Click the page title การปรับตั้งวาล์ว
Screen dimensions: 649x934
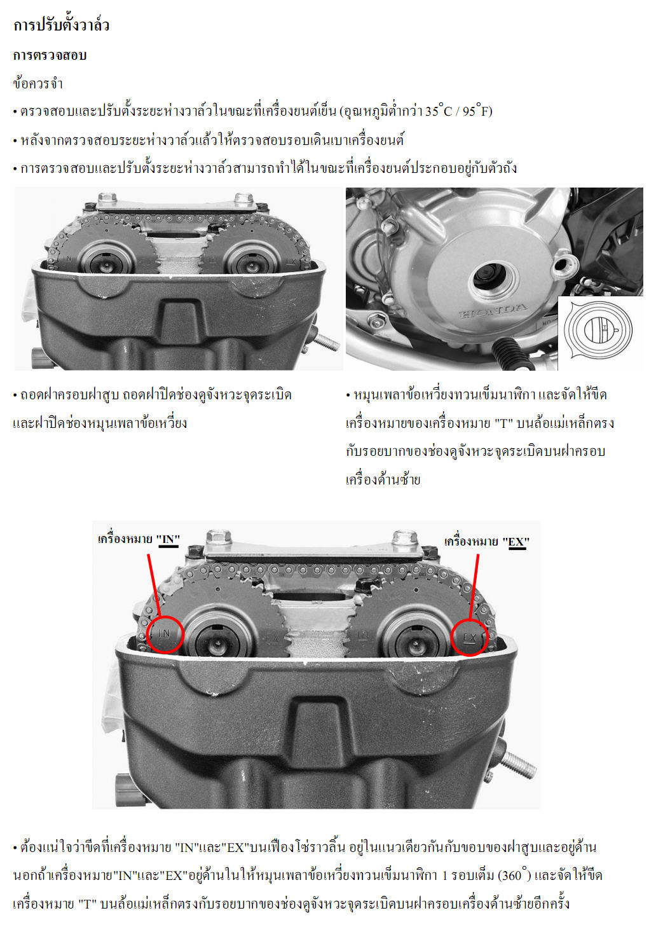tap(61, 25)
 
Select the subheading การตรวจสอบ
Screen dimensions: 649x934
tap(50, 55)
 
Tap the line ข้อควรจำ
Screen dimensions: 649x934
tap(38, 84)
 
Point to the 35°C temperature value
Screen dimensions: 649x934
tap(438, 111)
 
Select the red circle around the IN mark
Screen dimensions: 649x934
tap(165, 634)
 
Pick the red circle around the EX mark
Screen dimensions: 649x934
tap(470, 637)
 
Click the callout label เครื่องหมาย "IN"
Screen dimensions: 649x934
tap(139, 540)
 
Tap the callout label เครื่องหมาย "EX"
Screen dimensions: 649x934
tap(486, 542)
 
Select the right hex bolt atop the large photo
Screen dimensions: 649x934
tap(404, 537)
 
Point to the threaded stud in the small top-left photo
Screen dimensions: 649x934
tap(327, 343)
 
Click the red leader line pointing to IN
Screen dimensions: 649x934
tap(154, 584)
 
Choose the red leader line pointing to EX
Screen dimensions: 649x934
tap(474, 587)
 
